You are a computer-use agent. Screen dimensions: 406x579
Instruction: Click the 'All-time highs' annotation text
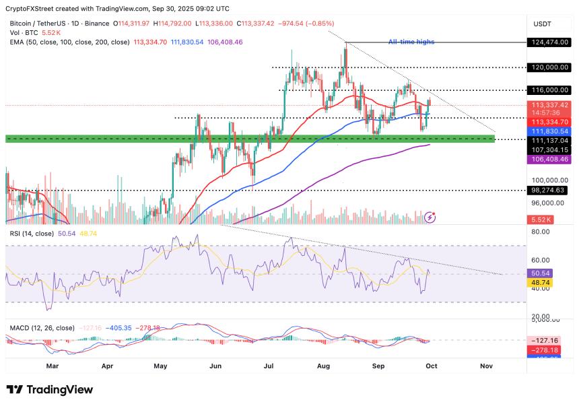coord(411,42)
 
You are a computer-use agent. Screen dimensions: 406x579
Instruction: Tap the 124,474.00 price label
coord(550,42)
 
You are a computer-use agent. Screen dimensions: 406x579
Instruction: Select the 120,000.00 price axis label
coord(550,67)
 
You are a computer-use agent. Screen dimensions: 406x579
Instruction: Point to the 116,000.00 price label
coord(550,90)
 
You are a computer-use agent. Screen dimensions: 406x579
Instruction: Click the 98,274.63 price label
coord(549,191)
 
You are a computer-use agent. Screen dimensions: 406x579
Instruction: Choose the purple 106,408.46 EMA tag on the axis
coord(550,160)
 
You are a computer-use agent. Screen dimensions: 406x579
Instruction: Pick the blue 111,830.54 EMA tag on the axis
coord(550,131)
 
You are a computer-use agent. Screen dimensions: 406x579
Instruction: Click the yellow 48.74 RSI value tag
coord(541,283)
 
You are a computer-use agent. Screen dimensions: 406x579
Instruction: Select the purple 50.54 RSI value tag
coord(541,274)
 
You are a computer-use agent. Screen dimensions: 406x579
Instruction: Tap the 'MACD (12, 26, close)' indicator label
coord(42,328)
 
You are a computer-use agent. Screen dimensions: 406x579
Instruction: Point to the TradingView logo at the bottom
coord(50,390)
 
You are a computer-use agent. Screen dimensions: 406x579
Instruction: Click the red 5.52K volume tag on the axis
coord(541,219)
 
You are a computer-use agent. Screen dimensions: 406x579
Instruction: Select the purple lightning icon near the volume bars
coord(431,217)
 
